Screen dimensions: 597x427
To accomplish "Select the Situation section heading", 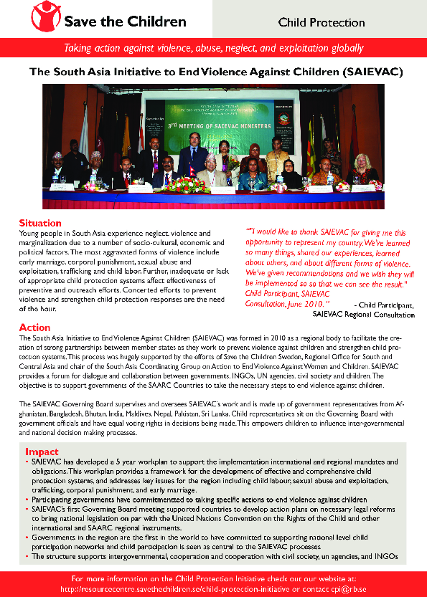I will click(x=39, y=223).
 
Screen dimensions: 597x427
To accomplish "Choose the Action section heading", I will click(x=34, y=328).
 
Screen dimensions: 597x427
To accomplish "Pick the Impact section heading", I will click(x=42, y=452).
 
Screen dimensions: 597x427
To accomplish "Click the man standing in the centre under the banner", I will click(x=192, y=156).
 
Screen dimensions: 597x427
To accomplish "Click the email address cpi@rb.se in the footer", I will click(x=347, y=588).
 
